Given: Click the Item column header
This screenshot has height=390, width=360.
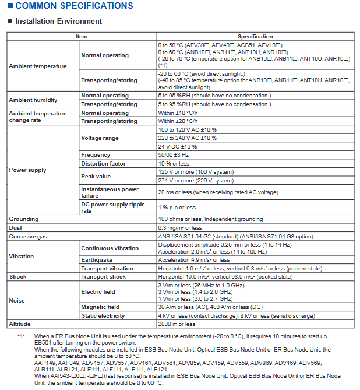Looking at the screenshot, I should [x=82, y=36].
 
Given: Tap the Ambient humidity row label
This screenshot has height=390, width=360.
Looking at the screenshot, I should [x=33, y=100].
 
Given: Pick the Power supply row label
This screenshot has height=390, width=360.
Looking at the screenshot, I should [x=27, y=170].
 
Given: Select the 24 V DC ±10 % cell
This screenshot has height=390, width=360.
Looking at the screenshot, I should [x=178, y=146].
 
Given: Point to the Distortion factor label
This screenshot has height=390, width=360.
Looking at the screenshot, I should [x=103, y=164].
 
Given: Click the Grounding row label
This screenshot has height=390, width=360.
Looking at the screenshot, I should [x=23, y=219].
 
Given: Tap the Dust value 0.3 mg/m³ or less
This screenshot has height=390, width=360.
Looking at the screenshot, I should [x=180, y=228].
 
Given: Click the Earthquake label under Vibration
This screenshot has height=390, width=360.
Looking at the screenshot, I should [x=97, y=260].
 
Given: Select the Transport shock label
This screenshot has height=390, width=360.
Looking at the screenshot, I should [x=104, y=277].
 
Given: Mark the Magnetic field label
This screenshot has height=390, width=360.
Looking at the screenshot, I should [x=100, y=307].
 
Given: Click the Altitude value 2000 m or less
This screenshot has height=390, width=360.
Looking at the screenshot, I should [x=177, y=324].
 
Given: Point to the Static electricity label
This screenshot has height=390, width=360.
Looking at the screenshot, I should [x=103, y=316].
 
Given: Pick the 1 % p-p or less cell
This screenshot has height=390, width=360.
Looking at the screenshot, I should [x=177, y=208].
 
